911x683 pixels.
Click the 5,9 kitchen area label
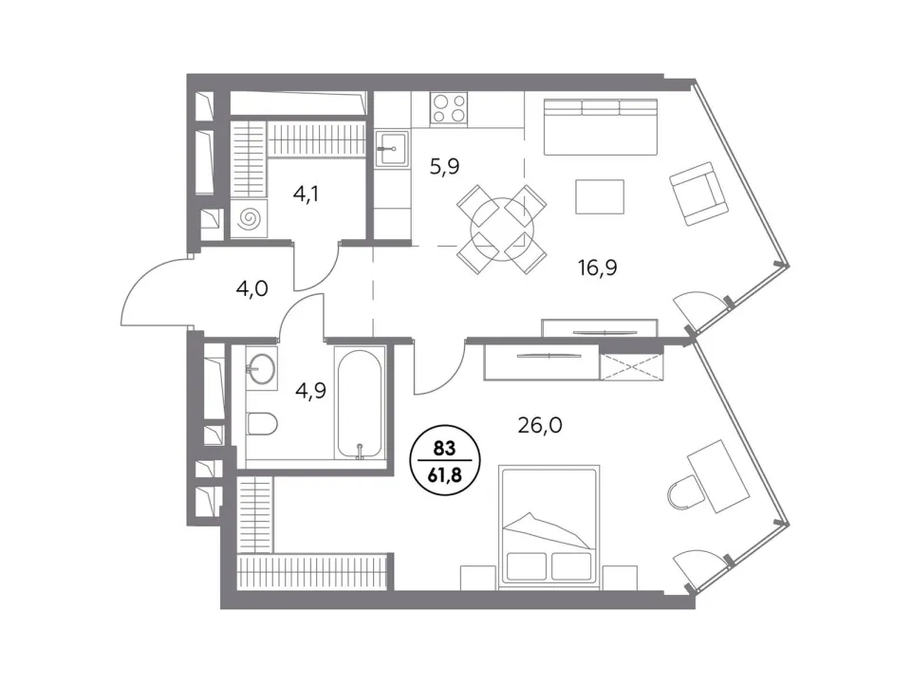point(444,167)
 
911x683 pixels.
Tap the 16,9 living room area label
point(597,268)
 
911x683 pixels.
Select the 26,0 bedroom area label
point(540,426)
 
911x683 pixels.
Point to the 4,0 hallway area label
point(252,288)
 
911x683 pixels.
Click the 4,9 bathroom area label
point(311,391)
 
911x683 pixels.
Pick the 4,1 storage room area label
point(306,194)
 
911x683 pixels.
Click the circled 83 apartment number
point(444,449)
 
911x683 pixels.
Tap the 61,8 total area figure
point(445,475)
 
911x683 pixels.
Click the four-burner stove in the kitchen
point(449,108)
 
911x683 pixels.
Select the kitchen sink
point(392,148)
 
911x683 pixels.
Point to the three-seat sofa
point(601,127)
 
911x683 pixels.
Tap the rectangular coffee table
point(600,197)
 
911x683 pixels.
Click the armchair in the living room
point(698,194)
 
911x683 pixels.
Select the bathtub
point(360,404)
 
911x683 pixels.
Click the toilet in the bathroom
point(262,423)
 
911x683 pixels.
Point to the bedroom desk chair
point(684,492)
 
